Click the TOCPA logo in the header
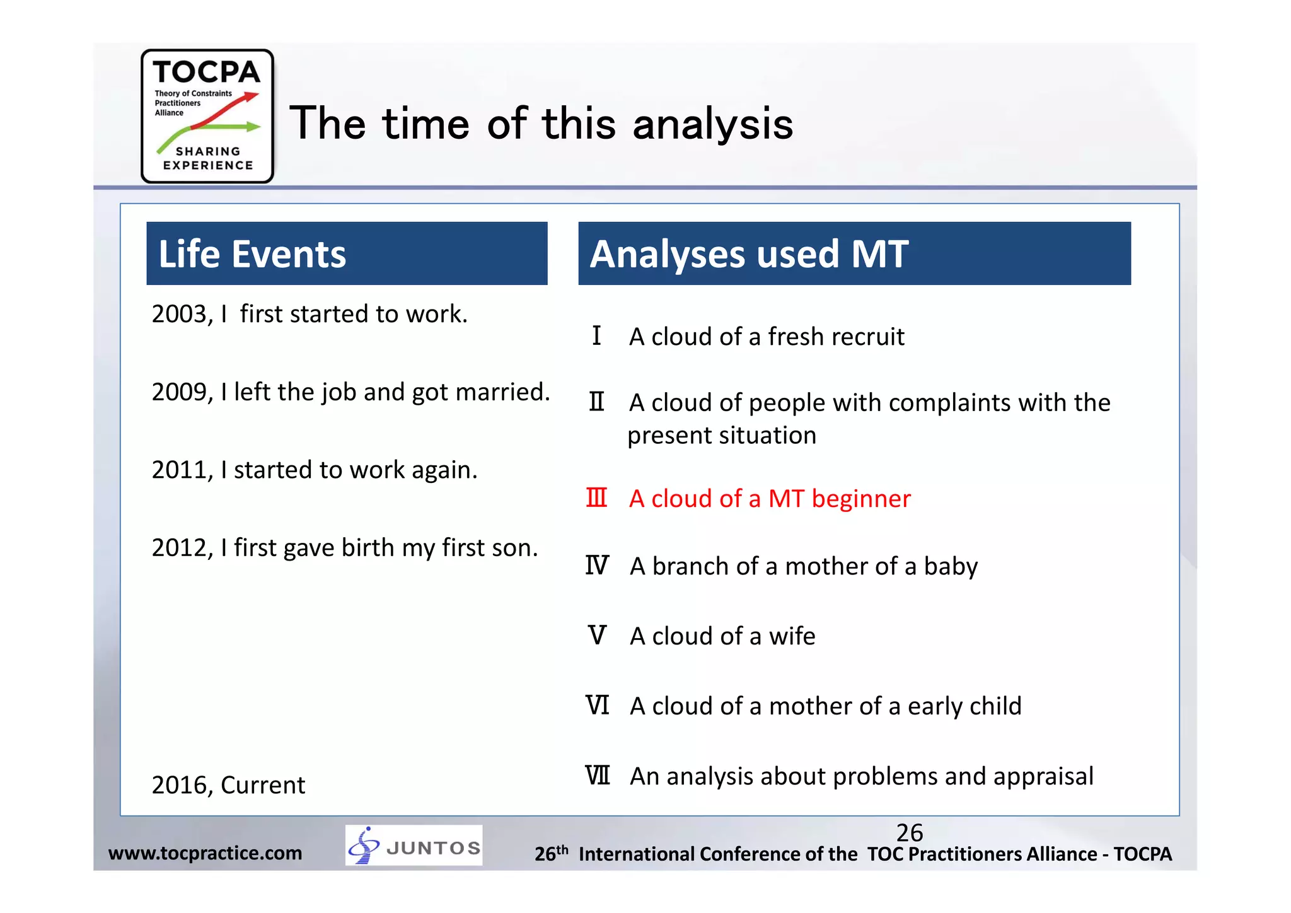coord(207,116)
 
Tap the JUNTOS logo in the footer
coord(414,846)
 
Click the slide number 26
coord(909,833)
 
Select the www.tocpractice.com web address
coord(205,853)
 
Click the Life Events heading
coord(252,254)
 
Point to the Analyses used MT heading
coord(749,254)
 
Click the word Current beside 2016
coord(263,786)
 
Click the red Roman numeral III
coord(596,498)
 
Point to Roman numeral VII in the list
coord(598,776)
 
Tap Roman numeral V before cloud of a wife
coord(597,636)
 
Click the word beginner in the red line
coord(861,499)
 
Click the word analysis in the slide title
coord(712,124)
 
